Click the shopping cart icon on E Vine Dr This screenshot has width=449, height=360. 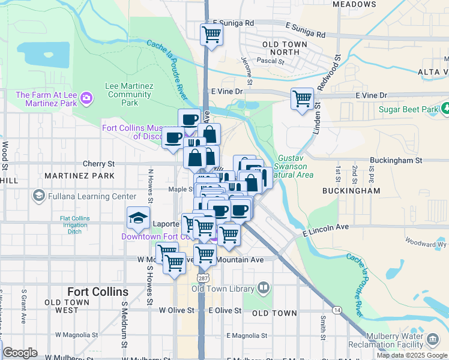[x=302, y=98]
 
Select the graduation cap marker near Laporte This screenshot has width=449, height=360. [x=138, y=218]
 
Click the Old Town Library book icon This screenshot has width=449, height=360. [x=263, y=289]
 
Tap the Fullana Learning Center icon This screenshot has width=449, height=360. [x=39, y=196]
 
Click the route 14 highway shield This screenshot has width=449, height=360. [x=338, y=309]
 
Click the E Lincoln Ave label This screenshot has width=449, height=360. [x=326, y=229]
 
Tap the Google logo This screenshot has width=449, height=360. [x=20, y=353]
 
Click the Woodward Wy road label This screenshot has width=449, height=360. [x=426, y=244]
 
